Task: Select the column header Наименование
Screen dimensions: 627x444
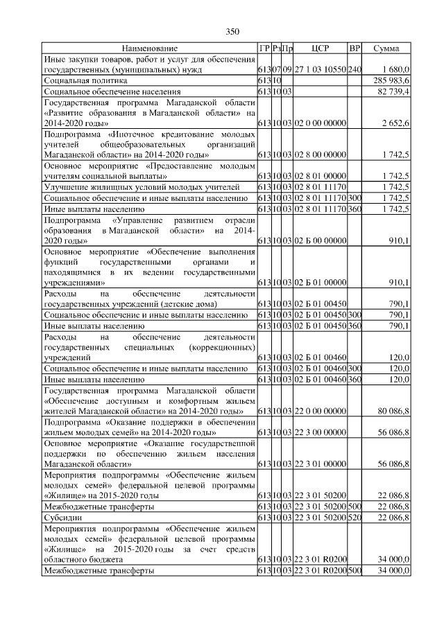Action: tap(149, 49)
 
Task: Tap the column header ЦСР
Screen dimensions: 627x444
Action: tap(320, 49)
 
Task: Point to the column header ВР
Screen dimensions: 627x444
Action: tap(355, 49)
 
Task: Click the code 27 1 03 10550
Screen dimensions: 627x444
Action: tap(320, 71)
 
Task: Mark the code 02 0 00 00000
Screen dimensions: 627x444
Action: tap(320, 123)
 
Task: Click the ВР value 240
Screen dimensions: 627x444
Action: tap(355, 71)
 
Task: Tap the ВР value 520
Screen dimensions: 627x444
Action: tap(355, 517)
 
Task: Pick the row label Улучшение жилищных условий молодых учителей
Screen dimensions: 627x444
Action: tap(142, 188)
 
